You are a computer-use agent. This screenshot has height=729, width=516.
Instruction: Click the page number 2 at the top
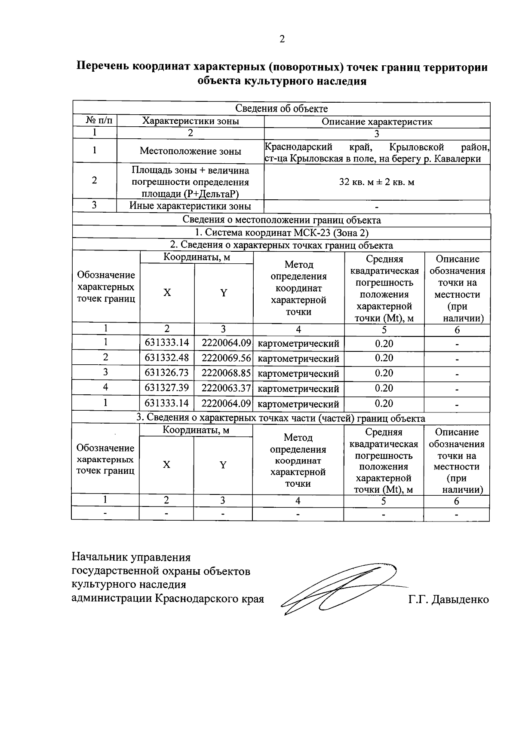pyautogui.click(x=282, y=39)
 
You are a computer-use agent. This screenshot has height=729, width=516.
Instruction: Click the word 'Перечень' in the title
pyautogui.click(x=103, y=67)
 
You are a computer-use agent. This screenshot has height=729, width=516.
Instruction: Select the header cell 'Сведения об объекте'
pyautogui.click(x=282, y=109)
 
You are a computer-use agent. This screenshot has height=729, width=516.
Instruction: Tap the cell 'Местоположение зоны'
pyautogui.click(x=190, y=151)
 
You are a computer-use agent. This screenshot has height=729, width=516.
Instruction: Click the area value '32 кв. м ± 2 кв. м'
pyautogui.click(x=377, y=182)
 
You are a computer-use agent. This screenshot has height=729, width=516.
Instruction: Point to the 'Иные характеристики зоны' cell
pyautogui.click(x=190, y=206)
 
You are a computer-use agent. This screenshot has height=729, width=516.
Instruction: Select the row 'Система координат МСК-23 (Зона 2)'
pyautogui.click(x=282, y=232)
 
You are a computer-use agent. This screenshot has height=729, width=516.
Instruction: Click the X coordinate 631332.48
pyautogui.click(x=167, y=358)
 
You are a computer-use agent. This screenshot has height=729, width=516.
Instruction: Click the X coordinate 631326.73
pyautogui.click(x=167, y=373)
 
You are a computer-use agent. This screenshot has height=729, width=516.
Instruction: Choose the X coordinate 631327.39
pyautogui.click(x=167, y=388)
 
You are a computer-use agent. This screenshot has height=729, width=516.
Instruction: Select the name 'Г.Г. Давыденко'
pyautogui.click(x=448, y=599)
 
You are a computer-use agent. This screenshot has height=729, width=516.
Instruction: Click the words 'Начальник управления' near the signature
pyautogui.click(x=131, y=557)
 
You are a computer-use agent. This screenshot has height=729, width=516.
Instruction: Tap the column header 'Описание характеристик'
pyautogui.click(x=377, y=122)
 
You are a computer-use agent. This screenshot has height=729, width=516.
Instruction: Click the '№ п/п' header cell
pyautogui.click(x=95, y=121)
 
